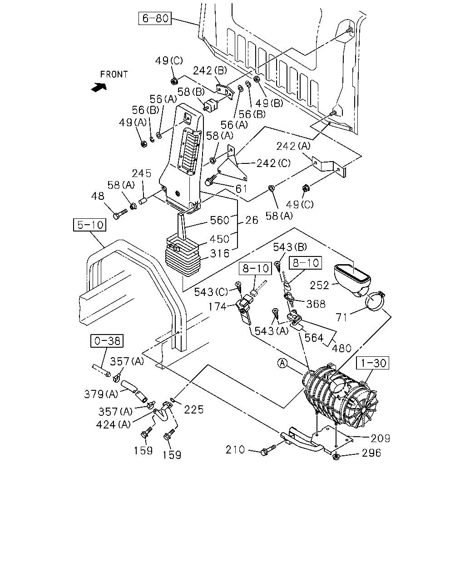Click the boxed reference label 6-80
pyautogui.click(x=155, y=18)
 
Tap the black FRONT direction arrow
pyautogui.click(x=99, y=87)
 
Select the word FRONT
pyautogui.click(x=114, y=74)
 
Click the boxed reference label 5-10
pyautogui.click(x=90, y=225)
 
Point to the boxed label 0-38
pyautogui.click(x=107, y=341)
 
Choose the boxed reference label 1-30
pyautogui.click(x=373, y=363)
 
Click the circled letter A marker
pyautogui.click(x=282, y=364)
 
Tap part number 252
pyautogui.click(x=319, y=286)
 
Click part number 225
pyautogui.click(x=193, y=409)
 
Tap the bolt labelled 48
pyautogui.click(x=120, y=213)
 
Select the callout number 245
pyautogui.click(x=141, y=173)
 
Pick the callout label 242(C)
pyautogui.click(x=273, y=163)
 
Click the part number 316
pyautogui.click(x=220, y=254)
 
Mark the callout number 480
pyautogui.click(x=341, y=349)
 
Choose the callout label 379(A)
pyautogui.click(x=101, y=394)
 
